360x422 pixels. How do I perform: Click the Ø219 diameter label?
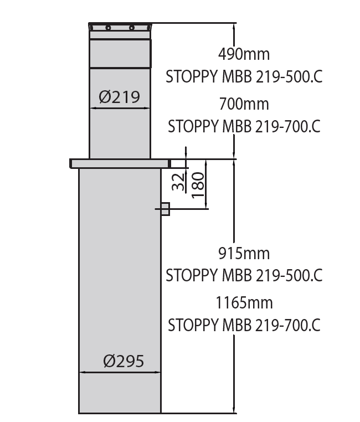point(120,97)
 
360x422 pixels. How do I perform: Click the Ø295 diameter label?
point(124,361)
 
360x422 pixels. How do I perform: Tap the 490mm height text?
point(244,54)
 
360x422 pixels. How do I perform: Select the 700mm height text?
point(244,104)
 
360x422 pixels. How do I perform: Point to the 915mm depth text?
point(244,253)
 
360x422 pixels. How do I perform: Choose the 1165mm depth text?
point(244,303)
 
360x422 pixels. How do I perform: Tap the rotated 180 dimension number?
point(198,184)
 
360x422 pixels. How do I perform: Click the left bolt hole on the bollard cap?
point(109,28)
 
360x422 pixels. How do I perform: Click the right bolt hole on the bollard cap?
point(132,28)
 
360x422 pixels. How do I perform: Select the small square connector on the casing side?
point(164,209)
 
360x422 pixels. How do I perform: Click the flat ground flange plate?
point(119,163)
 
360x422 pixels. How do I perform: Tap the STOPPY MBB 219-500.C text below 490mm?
point(244,77)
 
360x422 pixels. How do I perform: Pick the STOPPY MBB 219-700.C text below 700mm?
point(244,126)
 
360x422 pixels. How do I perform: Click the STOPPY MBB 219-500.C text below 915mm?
point(244,275)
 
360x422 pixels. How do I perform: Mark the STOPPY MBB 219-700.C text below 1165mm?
point(244,325)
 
